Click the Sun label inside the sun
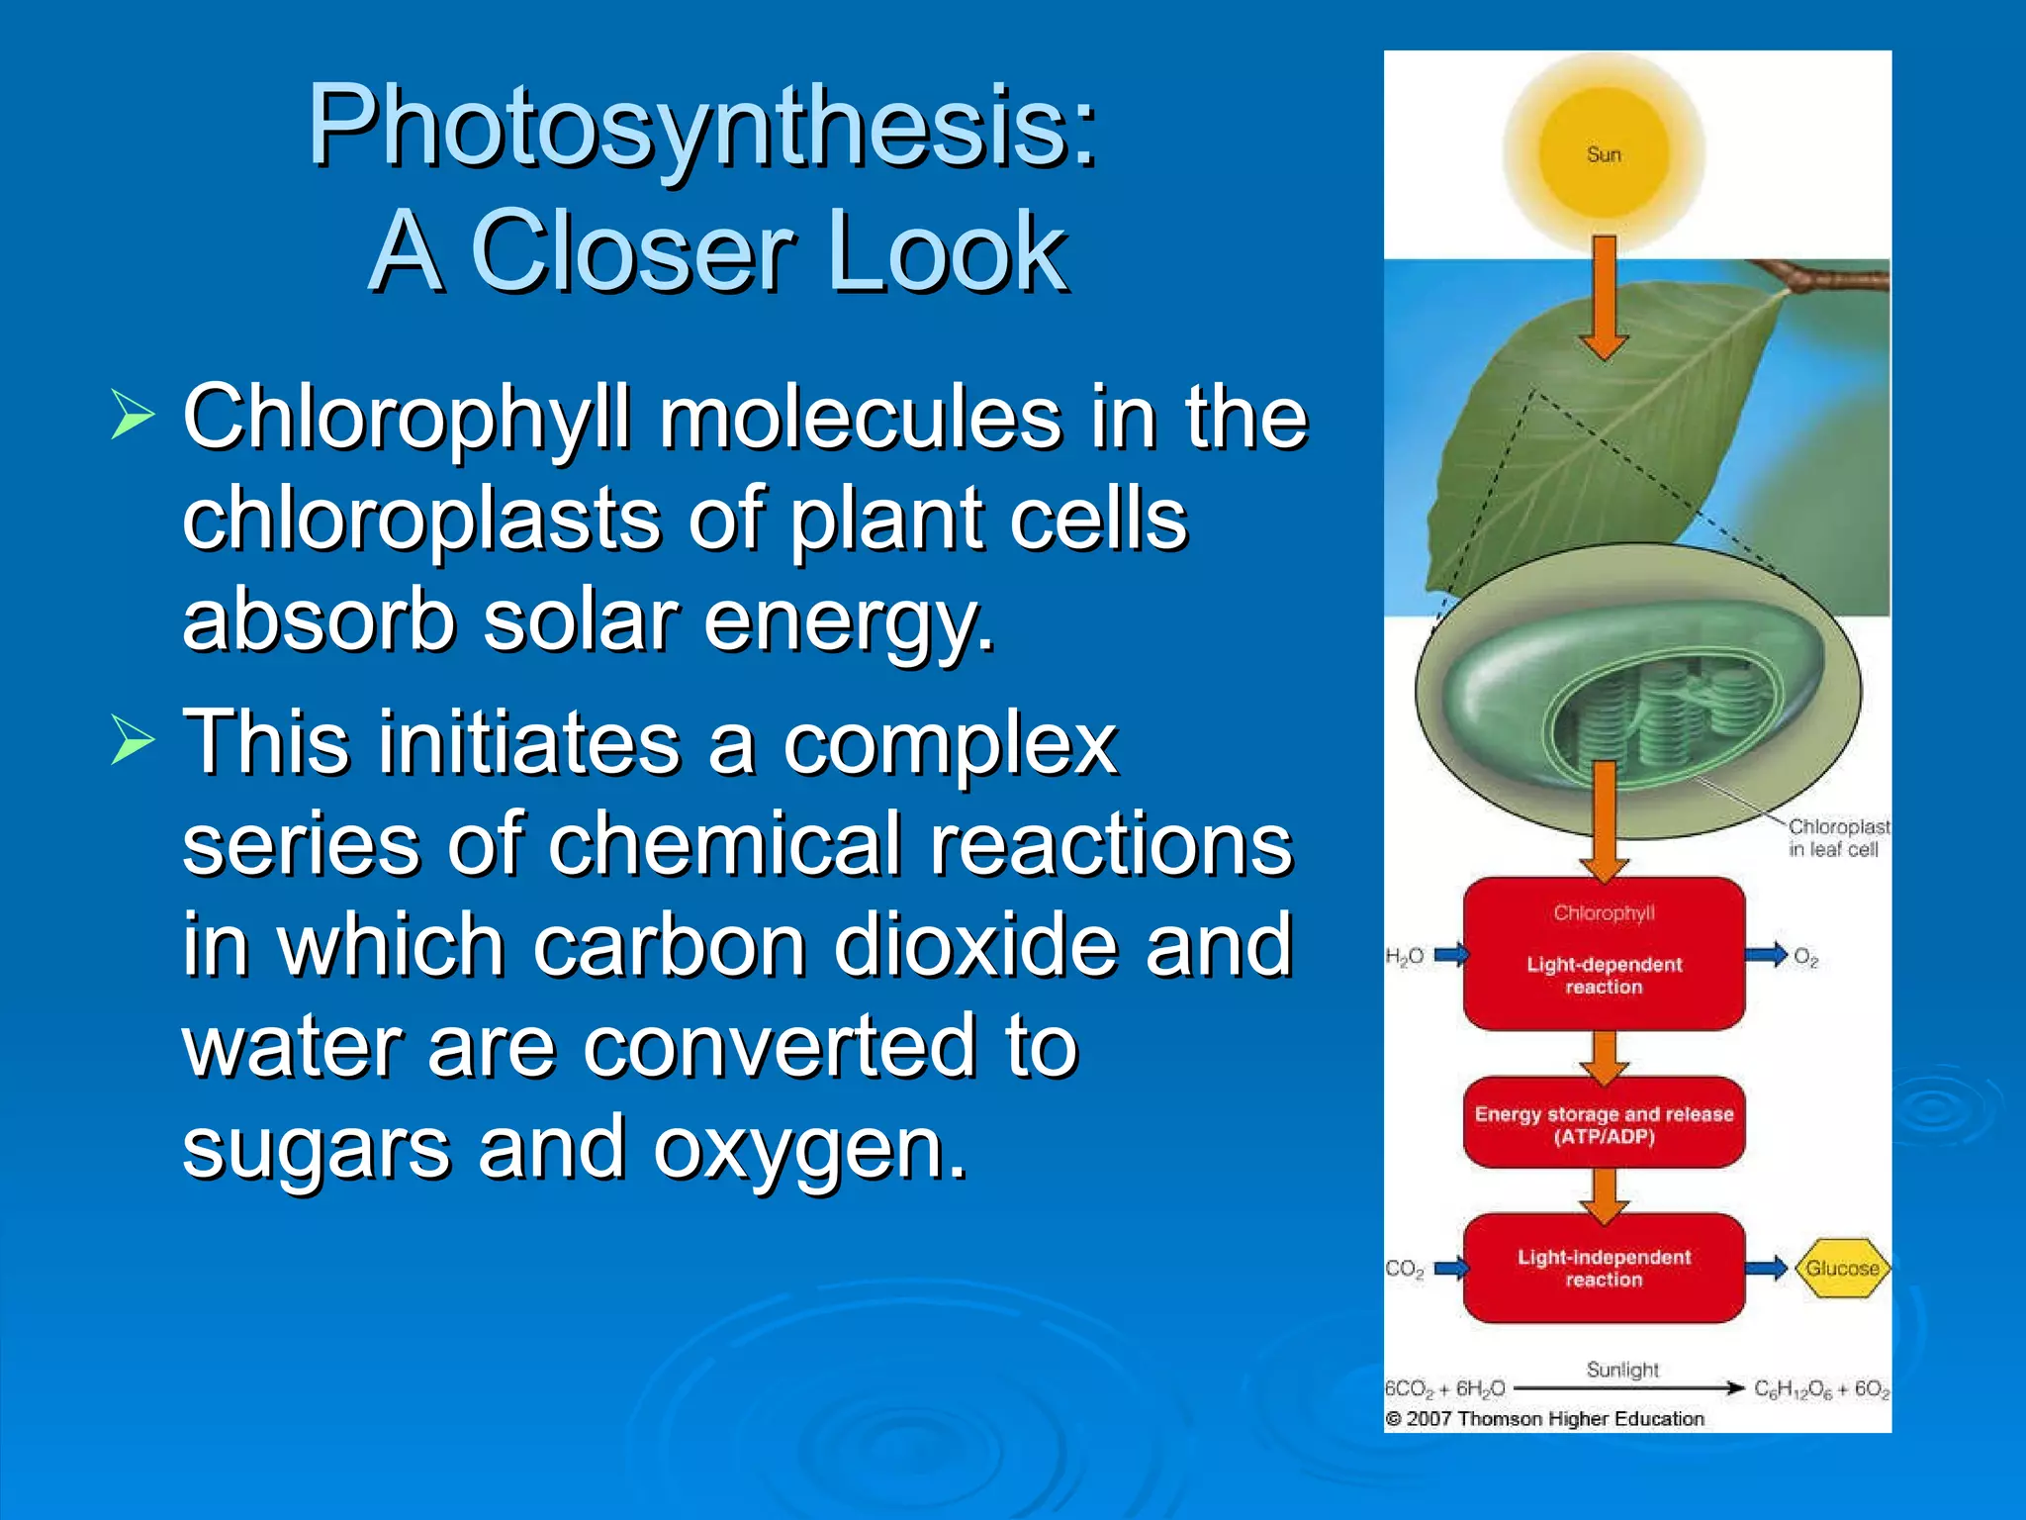[x=1604, y=154]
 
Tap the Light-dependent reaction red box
[x=1604, y=954]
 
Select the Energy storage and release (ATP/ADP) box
[x=1604, y=1124]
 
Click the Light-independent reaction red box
[x=1604, y=1268]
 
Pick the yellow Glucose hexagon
[x=1842, y=1268]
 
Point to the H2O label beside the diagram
[x=1404, y=956]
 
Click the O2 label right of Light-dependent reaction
[x=1805, y=957]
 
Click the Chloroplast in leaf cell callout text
[x=1836, y=837]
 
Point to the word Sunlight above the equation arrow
[x=1622, y=1370]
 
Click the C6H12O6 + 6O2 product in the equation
[x=1821, y=1389]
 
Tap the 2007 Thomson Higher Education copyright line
[x=1545, y=1418]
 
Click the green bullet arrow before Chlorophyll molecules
[x=133, y=414]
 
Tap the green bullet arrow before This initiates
[x=133, y=739]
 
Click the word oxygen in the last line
[x=809, y=1148]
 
